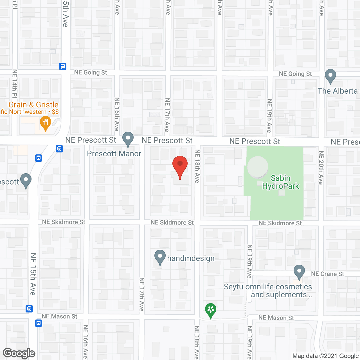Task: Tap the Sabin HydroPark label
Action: [x=280, y=182]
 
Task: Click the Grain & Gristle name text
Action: [x=33, y=105]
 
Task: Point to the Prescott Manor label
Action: [x=114, y=154]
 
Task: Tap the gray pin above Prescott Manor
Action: [x=128, y=139]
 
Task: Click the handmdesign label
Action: [x=191, y=258]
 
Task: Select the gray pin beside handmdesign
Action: [x=160, y=257]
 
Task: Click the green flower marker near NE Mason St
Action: [x=211, y=310]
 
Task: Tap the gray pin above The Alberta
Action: [x=330, y=76]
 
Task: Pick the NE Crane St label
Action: [x=327, y=274]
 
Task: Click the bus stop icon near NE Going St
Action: [x=62, y=66]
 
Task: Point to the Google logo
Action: [x=19, y=353]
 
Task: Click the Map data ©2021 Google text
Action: [x=325, y=356]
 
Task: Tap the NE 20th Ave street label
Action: [x=321, y=168]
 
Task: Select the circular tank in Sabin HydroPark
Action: [x=258, y=167]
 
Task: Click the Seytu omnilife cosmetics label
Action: [x=268, y=291]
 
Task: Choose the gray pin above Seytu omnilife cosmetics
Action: [x=299, y=272]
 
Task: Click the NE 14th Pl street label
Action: [x=15, y=84]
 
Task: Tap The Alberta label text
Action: [x=337, y=91]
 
